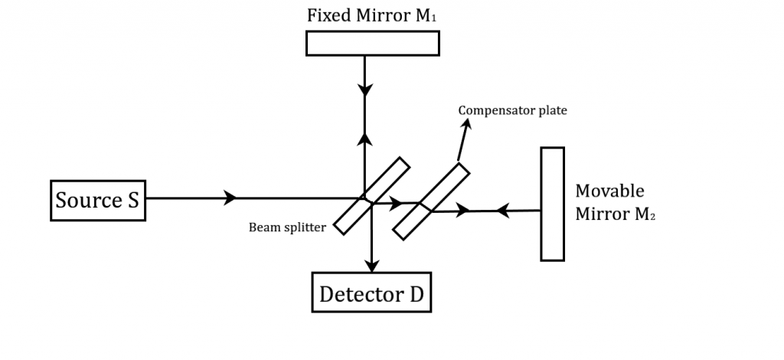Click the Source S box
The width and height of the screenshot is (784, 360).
point(96,200)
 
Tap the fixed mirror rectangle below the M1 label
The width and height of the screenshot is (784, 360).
point(372,43)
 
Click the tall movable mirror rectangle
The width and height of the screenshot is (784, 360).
point(552,204)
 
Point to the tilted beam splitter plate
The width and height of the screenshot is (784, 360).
point(371,196)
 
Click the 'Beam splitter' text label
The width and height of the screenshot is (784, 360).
point(287,227)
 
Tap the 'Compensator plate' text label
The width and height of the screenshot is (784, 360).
point(512,110)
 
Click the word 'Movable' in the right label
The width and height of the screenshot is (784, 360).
point(609,191)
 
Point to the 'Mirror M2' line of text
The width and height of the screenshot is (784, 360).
point(616,215)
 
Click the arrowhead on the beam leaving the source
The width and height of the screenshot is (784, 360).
point(229,198)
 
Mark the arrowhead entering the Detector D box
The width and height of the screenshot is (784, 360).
point(371,265)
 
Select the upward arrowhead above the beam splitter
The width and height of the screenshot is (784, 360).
point(367,139)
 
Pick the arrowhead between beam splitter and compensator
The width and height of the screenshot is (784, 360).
point(395,203)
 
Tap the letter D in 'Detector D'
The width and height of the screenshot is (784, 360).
point(416,293)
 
